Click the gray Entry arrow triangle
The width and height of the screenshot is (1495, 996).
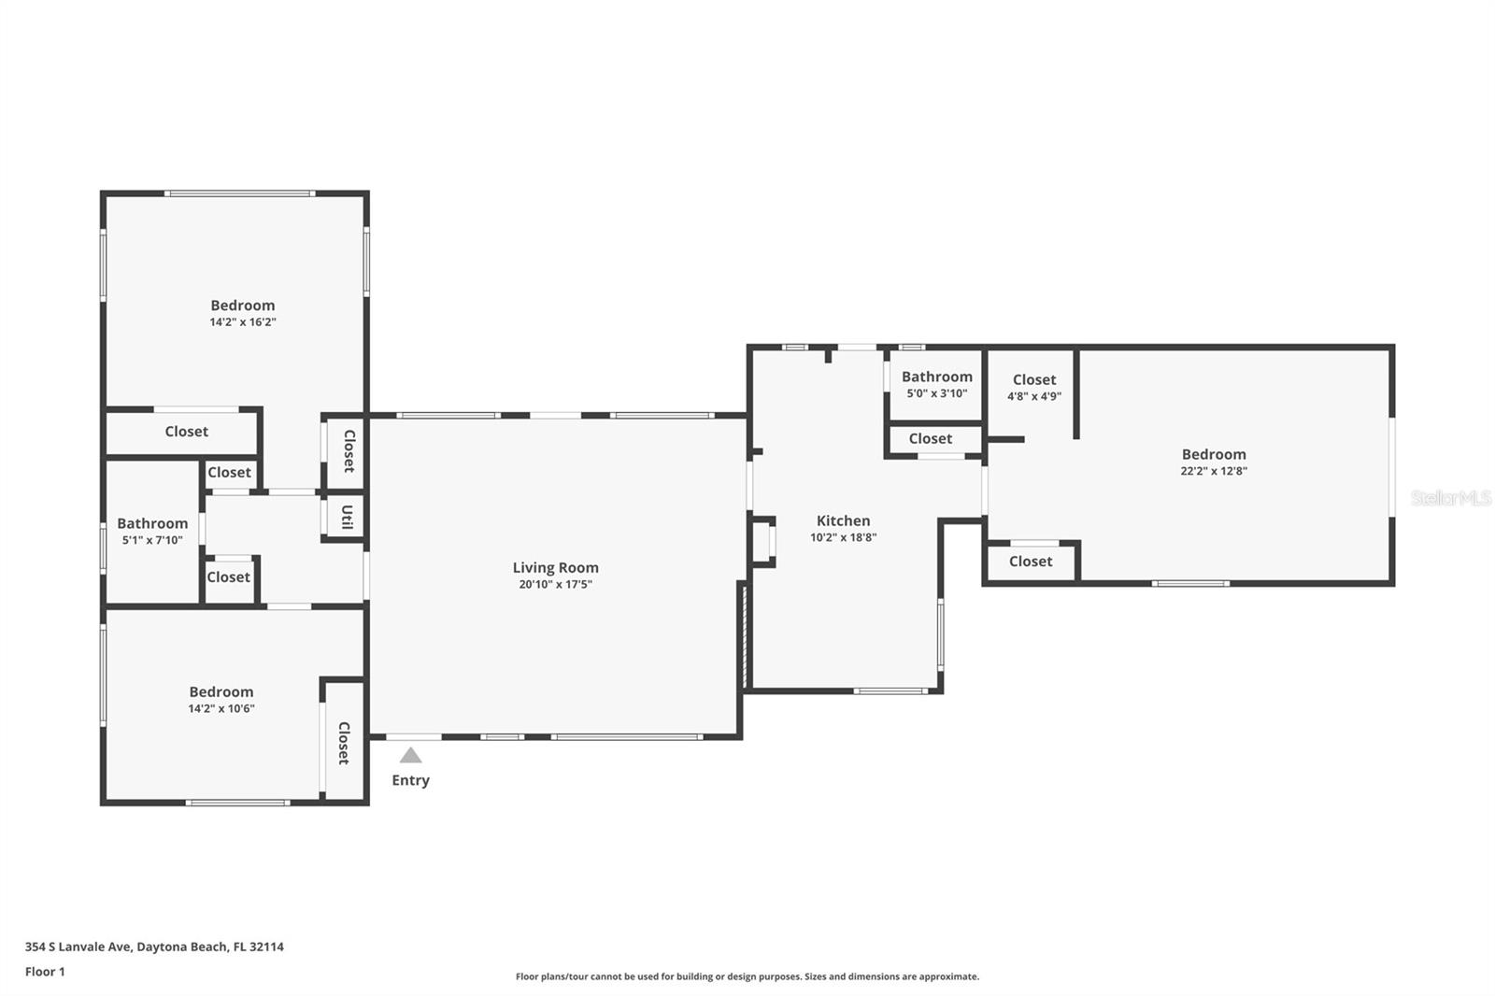tap(410, 755)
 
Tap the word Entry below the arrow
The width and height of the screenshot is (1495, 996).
tap(410, 780)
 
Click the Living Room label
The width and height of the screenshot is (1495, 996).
tap(555, 567)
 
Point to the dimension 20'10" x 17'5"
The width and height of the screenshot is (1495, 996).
tap(555, 584)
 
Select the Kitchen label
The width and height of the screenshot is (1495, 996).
tap(843, 520)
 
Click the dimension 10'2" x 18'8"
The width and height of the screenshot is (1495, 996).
tap(843, 537)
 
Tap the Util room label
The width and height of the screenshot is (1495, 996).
tap(347, 517)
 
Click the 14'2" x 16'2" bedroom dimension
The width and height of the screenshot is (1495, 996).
tap(242, 321)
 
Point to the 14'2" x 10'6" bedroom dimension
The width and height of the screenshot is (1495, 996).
tap(221, 708)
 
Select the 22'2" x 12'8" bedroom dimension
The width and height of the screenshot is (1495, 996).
tap(1214, 471)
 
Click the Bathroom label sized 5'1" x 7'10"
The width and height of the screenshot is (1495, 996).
tap(152, 523)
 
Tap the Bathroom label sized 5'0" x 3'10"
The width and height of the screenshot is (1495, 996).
tap(937, 377)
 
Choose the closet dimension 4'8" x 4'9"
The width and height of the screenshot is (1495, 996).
tap(1033, 396)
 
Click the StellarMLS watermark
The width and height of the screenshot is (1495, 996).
tap(1450, 497)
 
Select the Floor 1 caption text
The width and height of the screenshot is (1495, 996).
tap(46, 972)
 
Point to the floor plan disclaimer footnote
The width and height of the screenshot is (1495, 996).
tap(747, 976)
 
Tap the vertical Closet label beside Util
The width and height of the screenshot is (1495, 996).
tap(349, 451)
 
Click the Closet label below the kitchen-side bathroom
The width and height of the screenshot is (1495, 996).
tap(931, 438)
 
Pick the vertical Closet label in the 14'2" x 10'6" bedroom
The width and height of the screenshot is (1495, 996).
tap(344, 743)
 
